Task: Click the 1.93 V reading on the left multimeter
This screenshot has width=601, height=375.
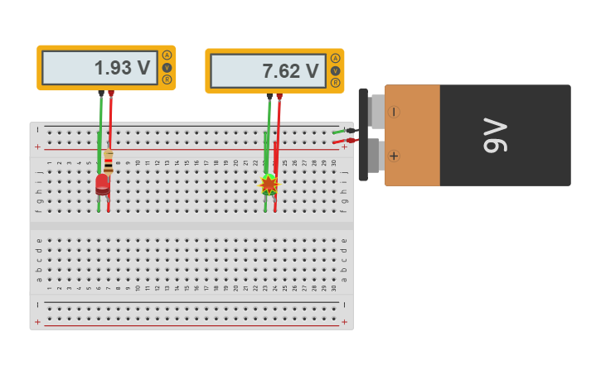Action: point(122,68)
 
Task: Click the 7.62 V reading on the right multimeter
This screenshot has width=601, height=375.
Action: point(290,71)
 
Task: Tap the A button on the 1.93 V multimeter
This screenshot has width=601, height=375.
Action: point(167,55)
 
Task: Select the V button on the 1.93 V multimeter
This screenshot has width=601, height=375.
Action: point(167,68)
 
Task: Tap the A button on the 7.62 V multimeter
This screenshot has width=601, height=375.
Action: point(335,59)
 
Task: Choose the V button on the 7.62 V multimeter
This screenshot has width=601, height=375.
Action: point(335,70)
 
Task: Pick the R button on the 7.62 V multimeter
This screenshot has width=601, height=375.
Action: point(335,83)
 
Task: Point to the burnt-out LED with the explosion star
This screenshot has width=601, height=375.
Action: point(269,185)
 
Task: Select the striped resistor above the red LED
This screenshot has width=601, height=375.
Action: point(109,161)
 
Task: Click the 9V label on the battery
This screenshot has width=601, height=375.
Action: point(495,135)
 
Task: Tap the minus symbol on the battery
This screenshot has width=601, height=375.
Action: point(394,112)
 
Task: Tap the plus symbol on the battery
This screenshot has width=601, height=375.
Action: point(394,156)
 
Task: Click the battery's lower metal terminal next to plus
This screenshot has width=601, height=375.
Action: point(376,156)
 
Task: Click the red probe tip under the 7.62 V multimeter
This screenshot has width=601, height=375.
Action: point(279,97)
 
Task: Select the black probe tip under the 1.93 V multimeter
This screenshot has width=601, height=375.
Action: point(101,94)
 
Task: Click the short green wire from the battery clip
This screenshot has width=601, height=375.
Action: point(339,131)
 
